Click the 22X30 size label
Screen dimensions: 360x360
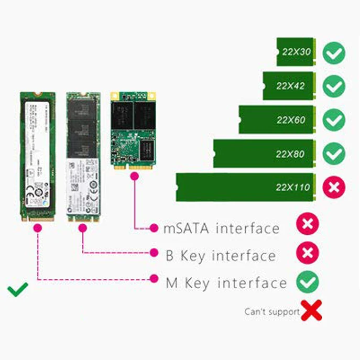pyautogui.click(x=296, y=52)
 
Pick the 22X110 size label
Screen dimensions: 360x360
pyautogui.click(x=292, y=187)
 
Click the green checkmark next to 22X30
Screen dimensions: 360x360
pyautogui.click(x=334, y=53)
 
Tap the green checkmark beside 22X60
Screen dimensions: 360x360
pyautogui.click(x=334, y=121)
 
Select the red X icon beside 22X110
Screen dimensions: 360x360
pyautogui.click(x=334, y=187)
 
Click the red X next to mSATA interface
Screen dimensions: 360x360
pyautogui.click(x=308, y=225)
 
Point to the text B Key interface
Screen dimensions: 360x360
pyautogui.click(x=220, y=256)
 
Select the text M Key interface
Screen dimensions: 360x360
pyautogui.click(x=226, y=283)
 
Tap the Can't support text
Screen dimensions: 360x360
pyautogui.click(x=271, y=312)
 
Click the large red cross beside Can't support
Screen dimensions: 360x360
pyautogui.click(x=312, y=310)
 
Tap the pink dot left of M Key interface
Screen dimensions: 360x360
pyautogui.click(x=154, y=279)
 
